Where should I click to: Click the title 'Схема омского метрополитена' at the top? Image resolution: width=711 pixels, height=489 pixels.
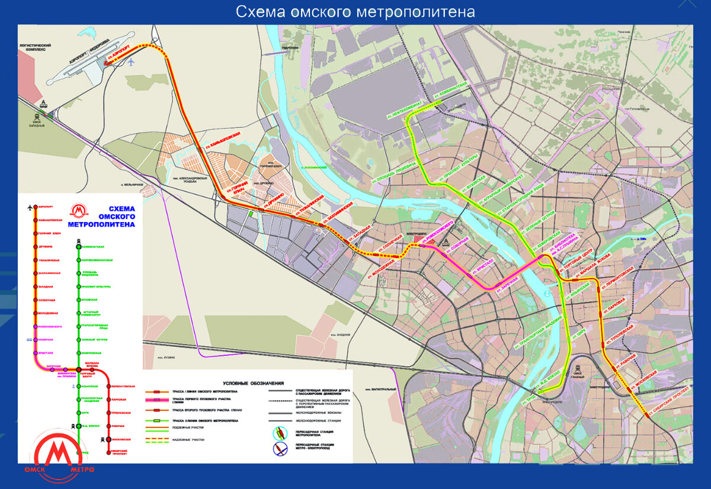pyautogui.click(x=355, y=12)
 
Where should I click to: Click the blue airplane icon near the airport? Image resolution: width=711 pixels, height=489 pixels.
pyautogui.click(x=131, y=62)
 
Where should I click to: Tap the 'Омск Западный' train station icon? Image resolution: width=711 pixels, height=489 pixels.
pyautogui.click(x=44, y=106)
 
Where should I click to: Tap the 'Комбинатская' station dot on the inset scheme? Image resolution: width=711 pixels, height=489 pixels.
pyautogui.click(x=78, y=246)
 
